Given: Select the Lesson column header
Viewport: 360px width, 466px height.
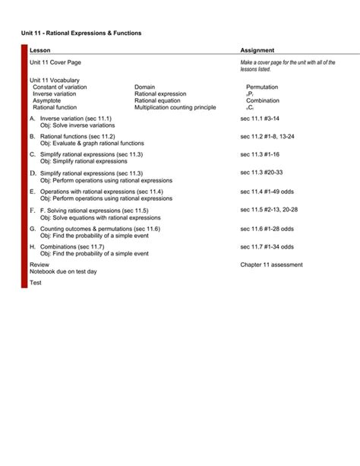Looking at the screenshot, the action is click(40, 50).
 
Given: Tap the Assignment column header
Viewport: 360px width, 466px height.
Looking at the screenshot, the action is click(257, 50).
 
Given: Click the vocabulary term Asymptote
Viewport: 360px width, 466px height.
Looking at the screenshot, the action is click(48, 100).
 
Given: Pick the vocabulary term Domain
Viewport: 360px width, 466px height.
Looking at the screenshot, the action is click(144, 87).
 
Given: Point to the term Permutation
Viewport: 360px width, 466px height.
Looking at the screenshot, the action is click(262, 87).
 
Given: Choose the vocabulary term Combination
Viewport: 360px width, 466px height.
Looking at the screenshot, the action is click(262, 100).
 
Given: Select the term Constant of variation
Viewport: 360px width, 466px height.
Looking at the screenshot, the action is click(59, 87).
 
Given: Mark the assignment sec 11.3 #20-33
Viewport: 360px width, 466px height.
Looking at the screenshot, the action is click(261, 173).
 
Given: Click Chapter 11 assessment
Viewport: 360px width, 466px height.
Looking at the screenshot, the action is click(271, 265).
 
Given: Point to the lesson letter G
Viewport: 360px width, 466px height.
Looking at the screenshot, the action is click(33, 228).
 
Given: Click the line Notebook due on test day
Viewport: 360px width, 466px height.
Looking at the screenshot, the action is click(63, 271).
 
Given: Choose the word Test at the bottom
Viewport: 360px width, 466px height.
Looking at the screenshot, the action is click(36, 283).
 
